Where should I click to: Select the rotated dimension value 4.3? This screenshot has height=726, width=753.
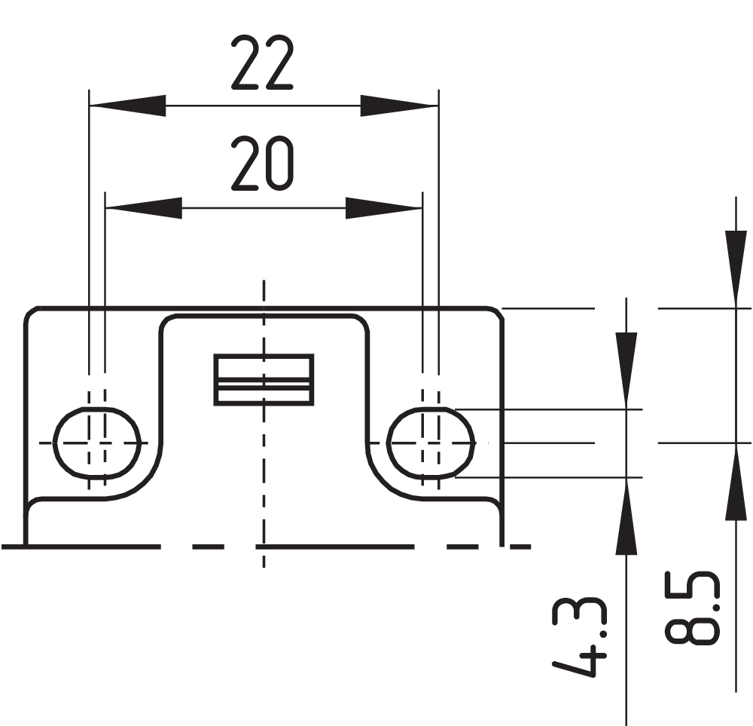(x=579, y=637)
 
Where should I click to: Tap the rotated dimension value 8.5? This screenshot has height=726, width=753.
(x=692, y=608)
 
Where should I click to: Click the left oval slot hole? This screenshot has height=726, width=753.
(x=99, y=443)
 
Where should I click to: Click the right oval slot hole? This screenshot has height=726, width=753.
(x=431, y=443)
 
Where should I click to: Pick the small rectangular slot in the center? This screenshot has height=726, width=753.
(x=264, y=379)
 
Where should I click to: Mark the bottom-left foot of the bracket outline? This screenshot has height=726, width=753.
(x=26, y=539)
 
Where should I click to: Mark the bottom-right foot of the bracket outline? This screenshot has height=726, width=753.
(x=501, y=539)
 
